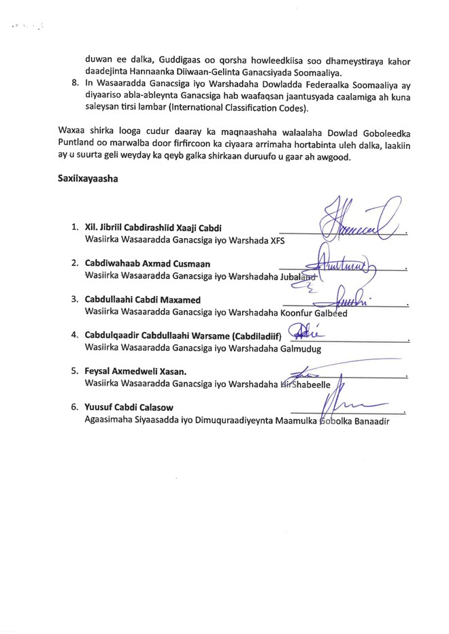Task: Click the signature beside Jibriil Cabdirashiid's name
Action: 357,218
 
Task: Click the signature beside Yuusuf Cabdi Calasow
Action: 347,406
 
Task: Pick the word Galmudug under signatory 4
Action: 300,347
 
